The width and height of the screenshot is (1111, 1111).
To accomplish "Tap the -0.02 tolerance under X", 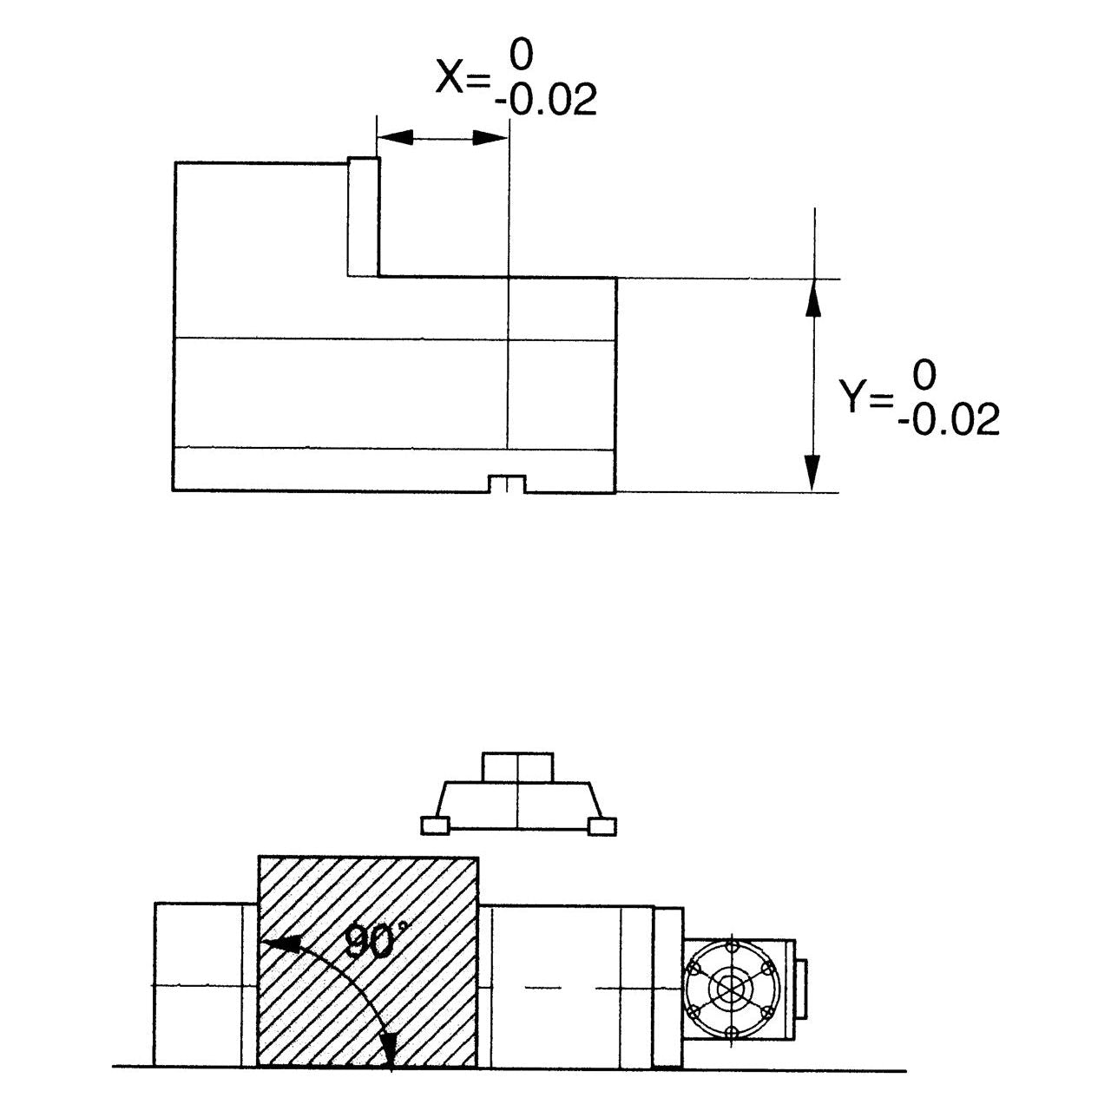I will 546,102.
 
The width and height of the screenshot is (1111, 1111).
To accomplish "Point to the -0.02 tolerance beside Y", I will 949,421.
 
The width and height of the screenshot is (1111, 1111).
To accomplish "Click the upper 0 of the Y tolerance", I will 925,376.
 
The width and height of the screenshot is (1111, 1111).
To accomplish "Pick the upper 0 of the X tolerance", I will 522,56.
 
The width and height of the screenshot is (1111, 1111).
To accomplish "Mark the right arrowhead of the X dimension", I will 490,137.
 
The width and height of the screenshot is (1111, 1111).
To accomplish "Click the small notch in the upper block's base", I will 506,484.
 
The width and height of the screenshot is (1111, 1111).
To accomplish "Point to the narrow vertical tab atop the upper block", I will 364,216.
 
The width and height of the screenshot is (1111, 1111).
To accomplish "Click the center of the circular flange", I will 731,989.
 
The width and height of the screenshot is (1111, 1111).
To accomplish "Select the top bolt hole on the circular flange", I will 731,944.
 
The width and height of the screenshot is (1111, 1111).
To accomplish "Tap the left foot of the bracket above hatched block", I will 434,825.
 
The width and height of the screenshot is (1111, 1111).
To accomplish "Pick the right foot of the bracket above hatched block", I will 602,825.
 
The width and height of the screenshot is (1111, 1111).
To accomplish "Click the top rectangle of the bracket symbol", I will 517,767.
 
